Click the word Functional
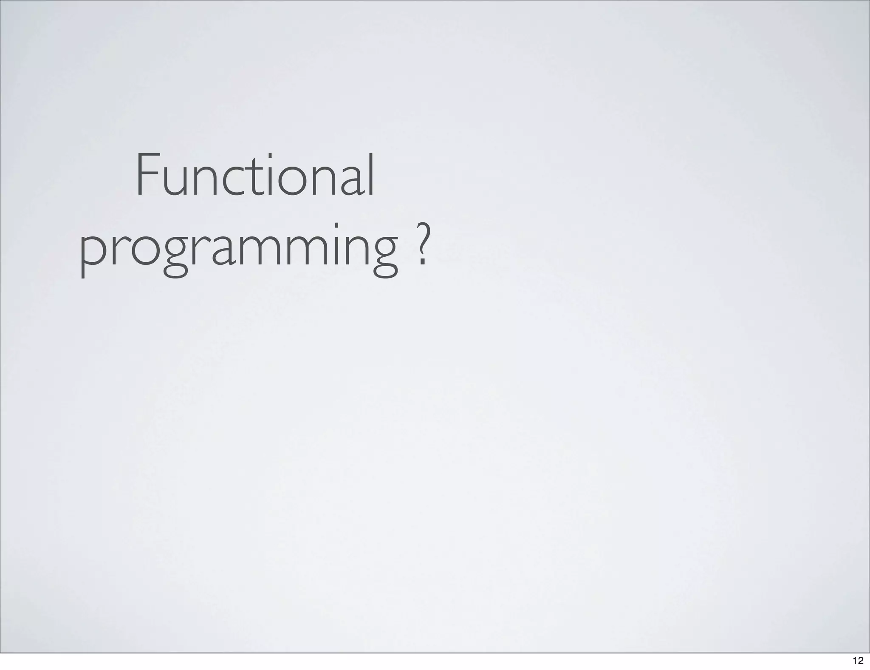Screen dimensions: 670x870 pyautogui.click(x=255, y=176)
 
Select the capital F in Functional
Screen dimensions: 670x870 pyautogui.click(x=147, y=176)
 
